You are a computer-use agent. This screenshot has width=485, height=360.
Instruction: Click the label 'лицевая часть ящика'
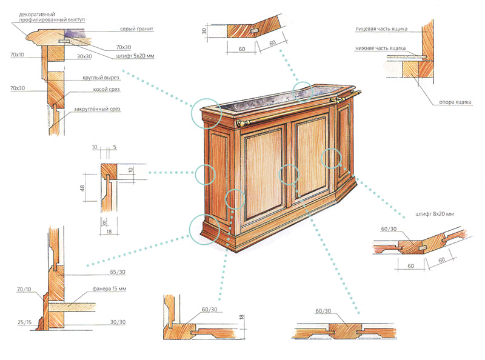click(381, 28)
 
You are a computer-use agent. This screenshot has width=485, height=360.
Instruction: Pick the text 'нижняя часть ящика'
click(381, 48)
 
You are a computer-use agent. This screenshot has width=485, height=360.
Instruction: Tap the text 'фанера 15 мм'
click(109, 288)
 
